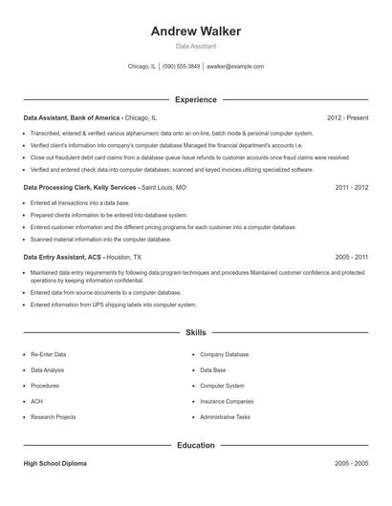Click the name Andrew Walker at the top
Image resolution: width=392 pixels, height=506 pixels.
tap(196, 31)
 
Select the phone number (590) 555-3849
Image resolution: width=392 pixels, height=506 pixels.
tap(182, 67)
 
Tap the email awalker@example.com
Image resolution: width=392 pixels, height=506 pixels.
tap(235, 67)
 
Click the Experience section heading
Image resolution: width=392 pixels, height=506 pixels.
tap(196, 99)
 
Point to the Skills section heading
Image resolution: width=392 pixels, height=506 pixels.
tap(196, 332)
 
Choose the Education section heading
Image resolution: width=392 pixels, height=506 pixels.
tap(196, 445)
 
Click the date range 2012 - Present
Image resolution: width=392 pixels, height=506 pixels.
tap(347, 117)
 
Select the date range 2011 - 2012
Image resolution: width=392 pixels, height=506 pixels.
tap(351, 188)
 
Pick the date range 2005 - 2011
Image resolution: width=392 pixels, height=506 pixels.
tap(351, 258)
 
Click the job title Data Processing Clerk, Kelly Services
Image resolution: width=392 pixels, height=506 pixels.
tap(81, 188)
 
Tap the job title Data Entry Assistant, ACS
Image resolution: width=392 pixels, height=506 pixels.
tap(63, 258)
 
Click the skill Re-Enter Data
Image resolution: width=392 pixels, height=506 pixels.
tap(49, 354)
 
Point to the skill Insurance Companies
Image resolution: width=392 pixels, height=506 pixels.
tap(227, 402)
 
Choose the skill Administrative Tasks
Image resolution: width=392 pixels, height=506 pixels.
tap(226, 417)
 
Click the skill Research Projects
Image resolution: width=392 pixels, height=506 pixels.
tap(54, 417)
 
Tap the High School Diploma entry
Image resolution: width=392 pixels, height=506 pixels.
tap(54, 463)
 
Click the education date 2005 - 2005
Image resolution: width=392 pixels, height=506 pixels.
tap(351, 463)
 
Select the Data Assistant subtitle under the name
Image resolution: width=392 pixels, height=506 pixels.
tap(196, 46)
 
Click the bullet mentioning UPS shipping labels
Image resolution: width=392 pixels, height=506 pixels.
tap(113, 305)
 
